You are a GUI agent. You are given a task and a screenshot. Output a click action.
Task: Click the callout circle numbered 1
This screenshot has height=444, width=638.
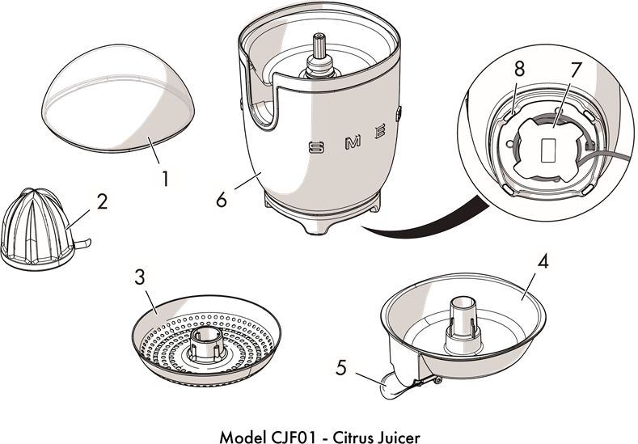pos(165,177)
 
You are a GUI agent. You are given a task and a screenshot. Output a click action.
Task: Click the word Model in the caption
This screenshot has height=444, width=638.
pos(240,436)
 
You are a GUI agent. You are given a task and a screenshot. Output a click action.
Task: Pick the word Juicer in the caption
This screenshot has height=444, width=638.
pos(396,436)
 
